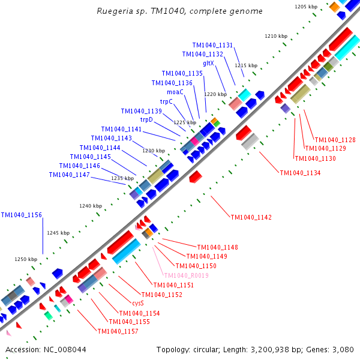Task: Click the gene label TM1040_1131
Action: (212, 45)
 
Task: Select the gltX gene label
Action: (209, 63)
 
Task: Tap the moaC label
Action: (175, 92)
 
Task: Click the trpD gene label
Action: (147, 119)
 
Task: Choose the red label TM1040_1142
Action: (251, 217)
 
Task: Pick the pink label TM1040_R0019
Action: (187, 275)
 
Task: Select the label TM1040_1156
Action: (21, 215)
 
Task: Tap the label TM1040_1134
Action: (300, 173)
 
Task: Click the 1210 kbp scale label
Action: (276, 36)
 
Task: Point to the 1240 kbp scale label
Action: (91, 206)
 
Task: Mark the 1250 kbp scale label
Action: (26, 259)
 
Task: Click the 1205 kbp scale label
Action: (306, 7)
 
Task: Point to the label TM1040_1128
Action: (335, 140)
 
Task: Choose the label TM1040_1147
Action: (70, 175)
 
